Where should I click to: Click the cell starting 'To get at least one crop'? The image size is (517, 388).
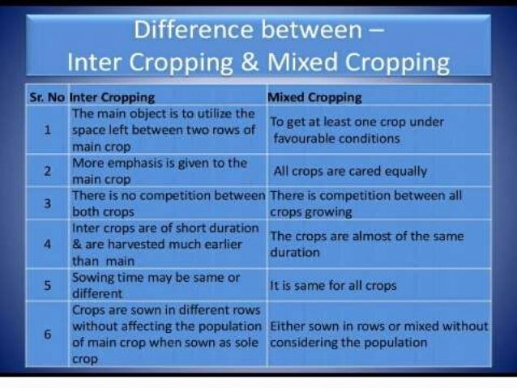click(356, 130)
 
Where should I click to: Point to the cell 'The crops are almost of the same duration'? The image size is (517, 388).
click(366, 244)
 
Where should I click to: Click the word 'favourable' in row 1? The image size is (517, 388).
click(303, 139)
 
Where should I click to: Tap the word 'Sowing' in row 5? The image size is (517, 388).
click(93, 278)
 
